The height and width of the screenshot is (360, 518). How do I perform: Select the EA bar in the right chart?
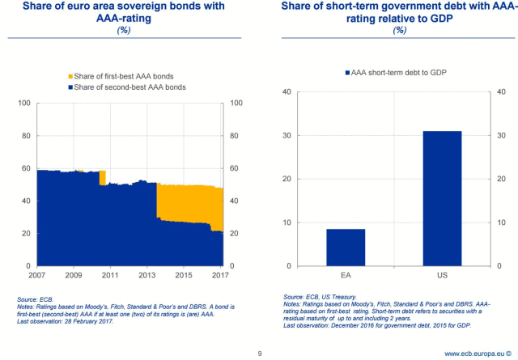click(346, 248)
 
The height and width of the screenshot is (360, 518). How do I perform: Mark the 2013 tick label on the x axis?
click(147, 276)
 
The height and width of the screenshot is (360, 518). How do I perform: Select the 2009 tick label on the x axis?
click(74, 276)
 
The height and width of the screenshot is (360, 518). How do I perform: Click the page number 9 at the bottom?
click(259, 353)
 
